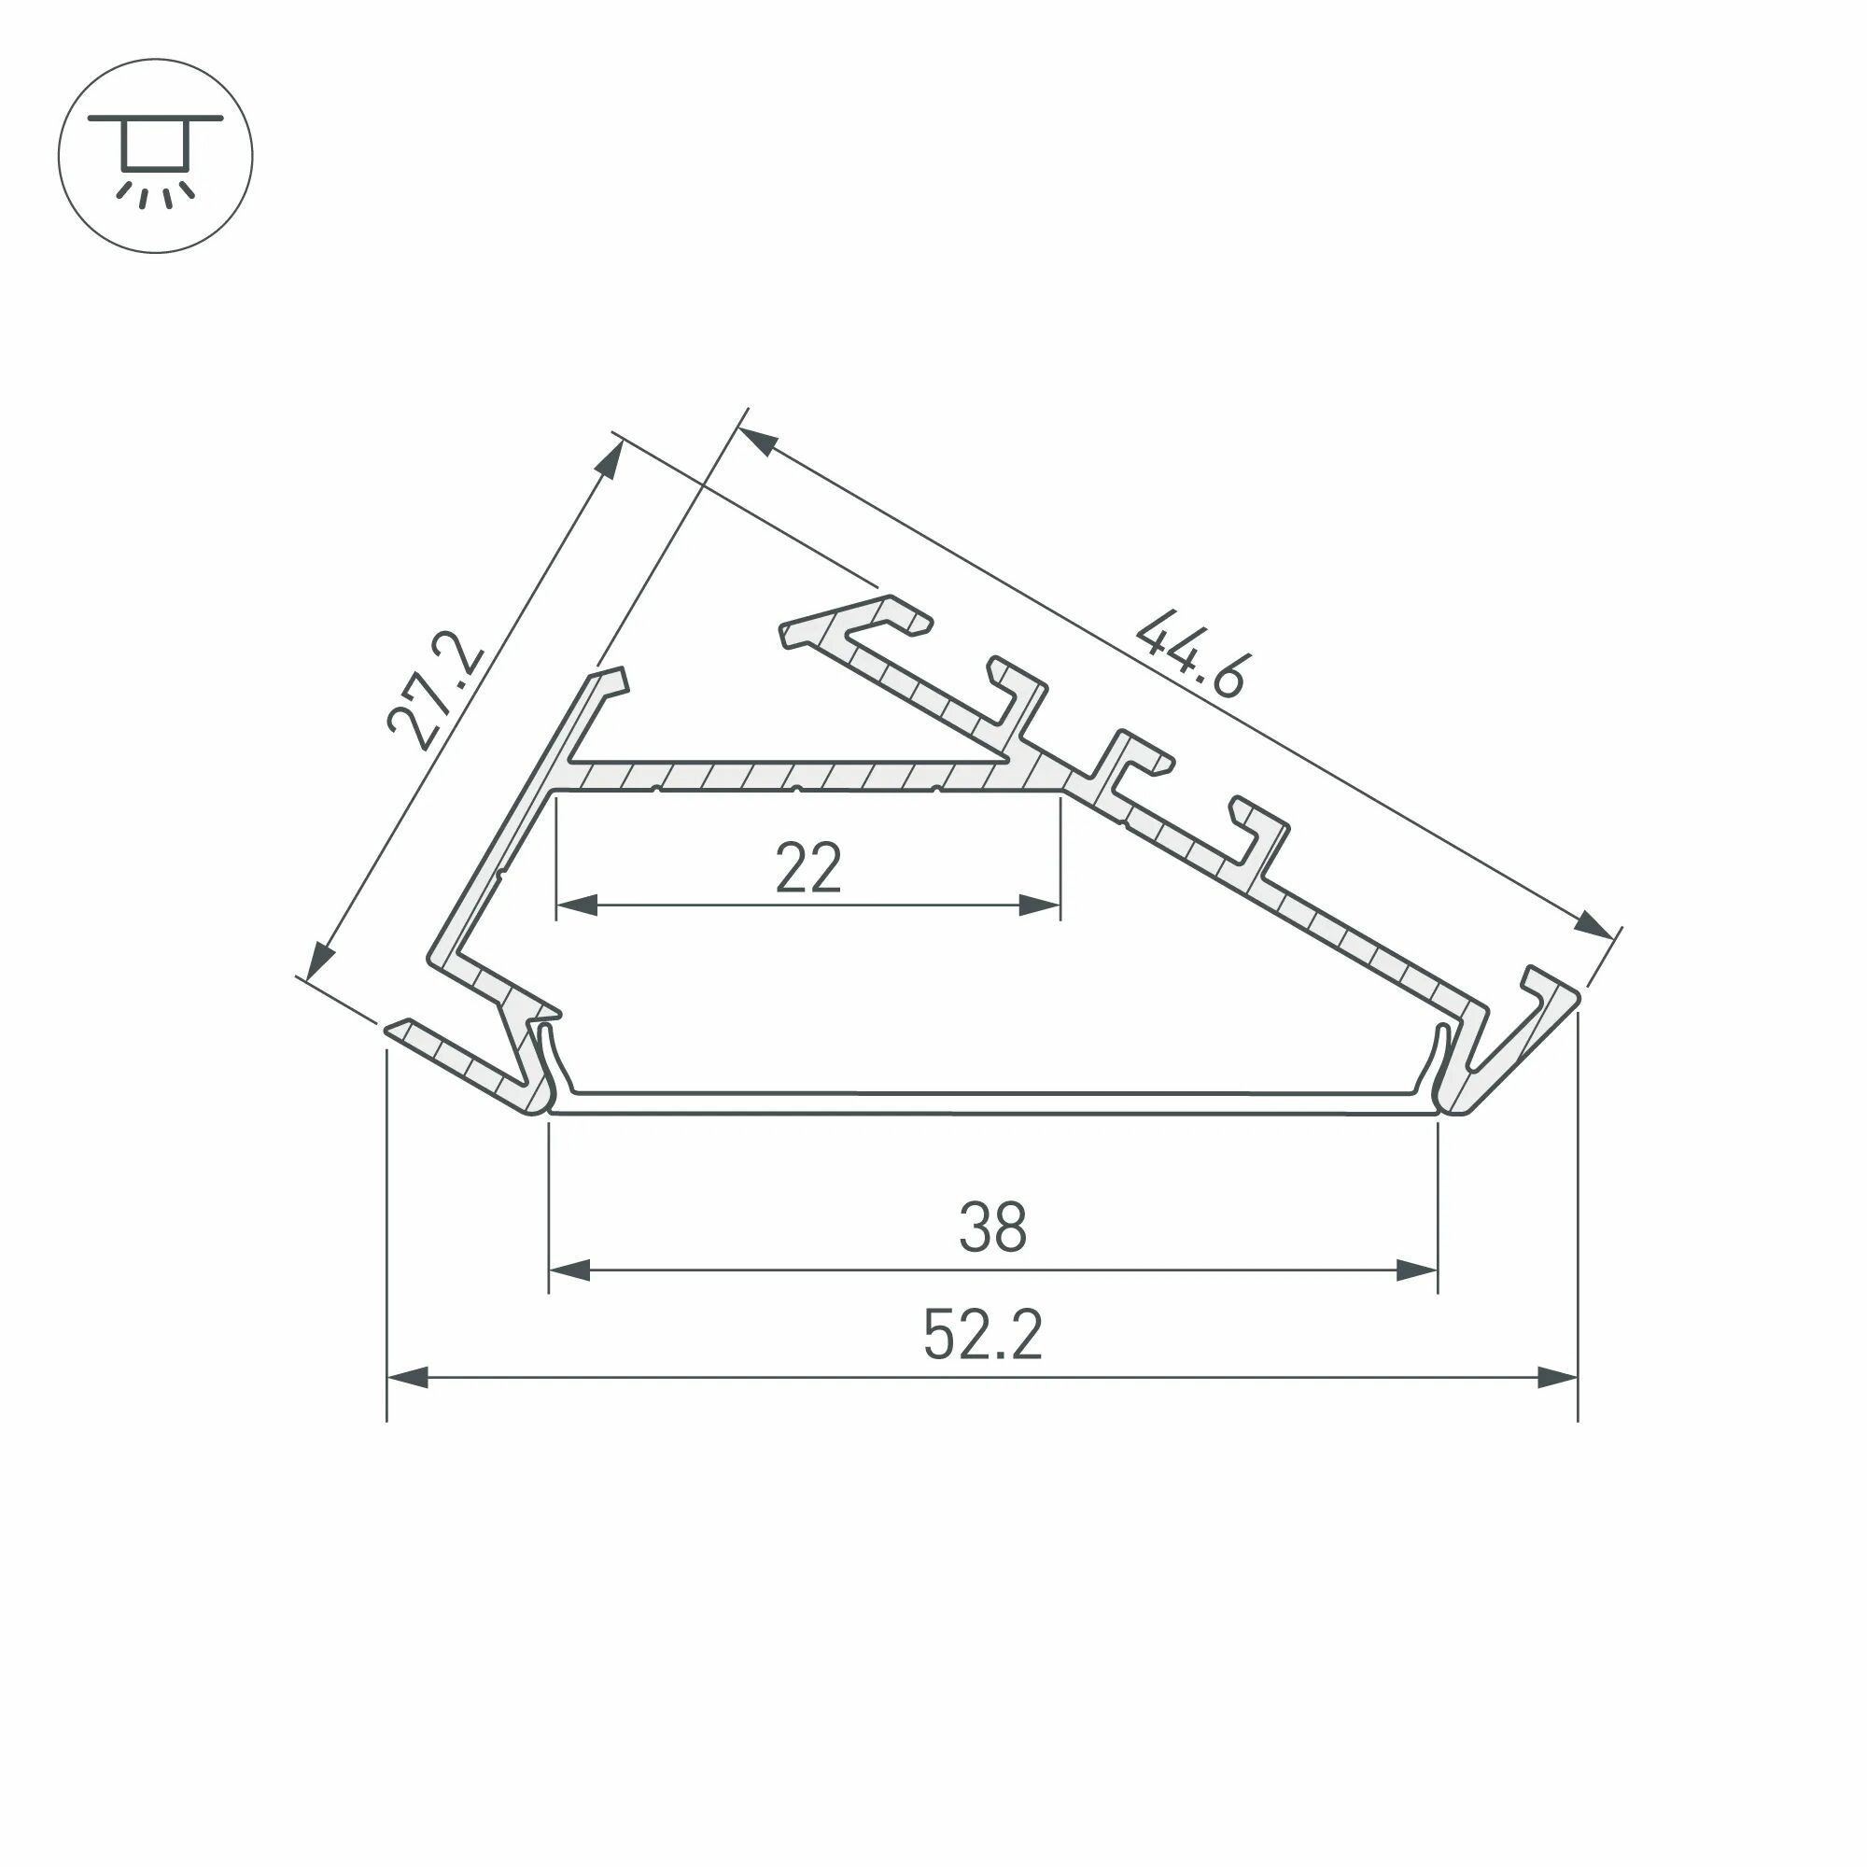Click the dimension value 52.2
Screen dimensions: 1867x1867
point(983,1337)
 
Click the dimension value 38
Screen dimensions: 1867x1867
point(992,1228)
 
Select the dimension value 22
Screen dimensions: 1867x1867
point(808,869)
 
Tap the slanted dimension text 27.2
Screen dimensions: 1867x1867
point(434,692)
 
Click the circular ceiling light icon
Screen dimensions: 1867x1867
point(156,156)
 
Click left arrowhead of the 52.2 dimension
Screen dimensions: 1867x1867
point(408,1377)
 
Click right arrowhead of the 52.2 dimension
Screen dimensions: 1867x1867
point(1557,1377)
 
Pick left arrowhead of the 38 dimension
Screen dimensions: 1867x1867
point(570,1270)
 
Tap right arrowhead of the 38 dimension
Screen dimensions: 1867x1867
point(1417,1270)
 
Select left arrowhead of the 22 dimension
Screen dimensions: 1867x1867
point(577,905)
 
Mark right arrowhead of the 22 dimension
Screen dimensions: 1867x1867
point(1040,905)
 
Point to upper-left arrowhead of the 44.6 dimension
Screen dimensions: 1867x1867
point(758,442)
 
